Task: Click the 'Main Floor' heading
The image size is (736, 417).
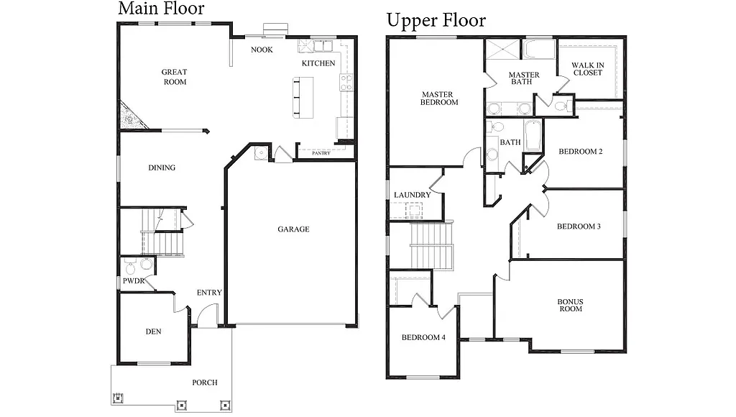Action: (x=161, y=9)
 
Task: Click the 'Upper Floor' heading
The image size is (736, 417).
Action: (x=436, y=20)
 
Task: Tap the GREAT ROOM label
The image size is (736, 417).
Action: (x=174, y=77)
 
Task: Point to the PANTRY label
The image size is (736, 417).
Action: (x=321, y=153)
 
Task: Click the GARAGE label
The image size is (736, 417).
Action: (x=293, y=229)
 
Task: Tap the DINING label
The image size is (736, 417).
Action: (x=162, y=168)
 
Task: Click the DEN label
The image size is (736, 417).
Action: (x=153, y=332)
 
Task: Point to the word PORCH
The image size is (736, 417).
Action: (x=204, y=382)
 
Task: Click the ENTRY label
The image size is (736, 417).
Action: (x=209, y=293)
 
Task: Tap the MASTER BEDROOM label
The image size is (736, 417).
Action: (x=439, y=98)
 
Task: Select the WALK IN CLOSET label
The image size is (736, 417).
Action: (x=587, y=69)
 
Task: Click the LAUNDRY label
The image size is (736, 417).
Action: (x=412, y=195)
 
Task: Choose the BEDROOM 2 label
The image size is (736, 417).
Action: (x=580, y=152)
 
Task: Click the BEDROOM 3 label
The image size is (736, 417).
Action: (x=579, y=226)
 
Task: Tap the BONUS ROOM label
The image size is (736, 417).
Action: (x=570, y=305)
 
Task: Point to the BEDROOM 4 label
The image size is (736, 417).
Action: (x=423, y=338)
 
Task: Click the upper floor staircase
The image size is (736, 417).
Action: (x=432, y=245)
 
